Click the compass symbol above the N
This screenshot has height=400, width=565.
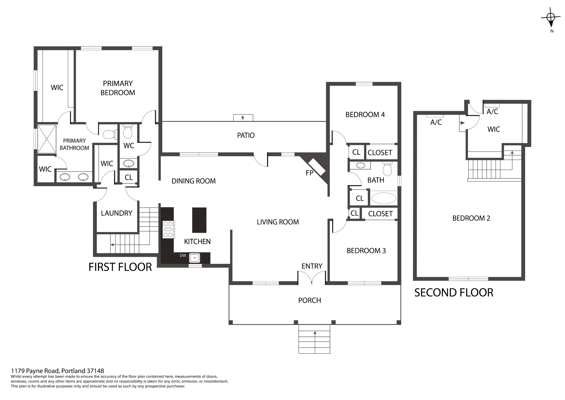pos(551,18)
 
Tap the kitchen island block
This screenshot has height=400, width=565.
pos(199,220)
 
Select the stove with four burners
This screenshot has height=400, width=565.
pos(168,229)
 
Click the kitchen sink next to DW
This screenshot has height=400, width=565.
pos(194,258)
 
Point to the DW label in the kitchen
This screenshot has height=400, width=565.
pos(183,256)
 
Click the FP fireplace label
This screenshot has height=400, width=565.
pos(310,173)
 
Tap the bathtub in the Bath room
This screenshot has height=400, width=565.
pos(384,198)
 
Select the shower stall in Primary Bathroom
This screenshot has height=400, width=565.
pos(47,139)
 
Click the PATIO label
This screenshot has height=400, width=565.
pos(246,135)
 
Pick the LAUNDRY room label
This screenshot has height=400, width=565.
pos(116,213)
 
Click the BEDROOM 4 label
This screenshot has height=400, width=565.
pos(365,115)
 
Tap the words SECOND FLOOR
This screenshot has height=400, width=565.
pos(454,293)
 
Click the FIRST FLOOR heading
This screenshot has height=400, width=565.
pos(120,267)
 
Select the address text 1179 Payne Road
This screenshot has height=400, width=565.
pos(34,371)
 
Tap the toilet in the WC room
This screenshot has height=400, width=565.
pos(127,131)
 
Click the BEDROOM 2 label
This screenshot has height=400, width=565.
pos(471,218)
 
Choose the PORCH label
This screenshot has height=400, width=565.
pos(310,300)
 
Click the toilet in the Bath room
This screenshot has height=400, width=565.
pos(387,169)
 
